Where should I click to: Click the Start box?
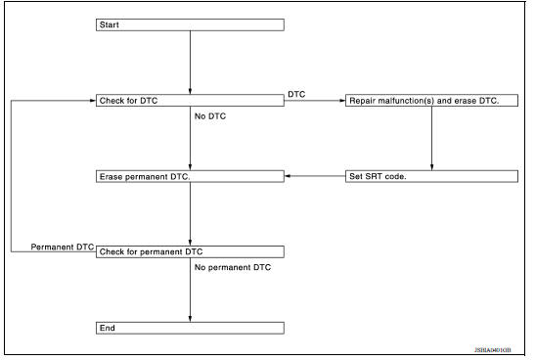[190, 25]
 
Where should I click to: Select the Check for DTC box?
[190, 101]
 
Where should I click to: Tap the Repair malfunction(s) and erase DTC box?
[431, 101]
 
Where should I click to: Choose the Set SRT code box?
[431, 176]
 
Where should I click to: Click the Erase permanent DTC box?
[190, 176]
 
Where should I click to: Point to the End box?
[190, 328]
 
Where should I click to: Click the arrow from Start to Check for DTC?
[190, 63]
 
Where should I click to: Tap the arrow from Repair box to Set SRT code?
[431, 138]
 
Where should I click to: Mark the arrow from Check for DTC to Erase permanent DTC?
[190, 142]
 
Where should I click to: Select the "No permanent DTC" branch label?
[233, 266]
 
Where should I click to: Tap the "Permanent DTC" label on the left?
[62, 246]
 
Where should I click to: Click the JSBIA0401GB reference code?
[501, 350]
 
